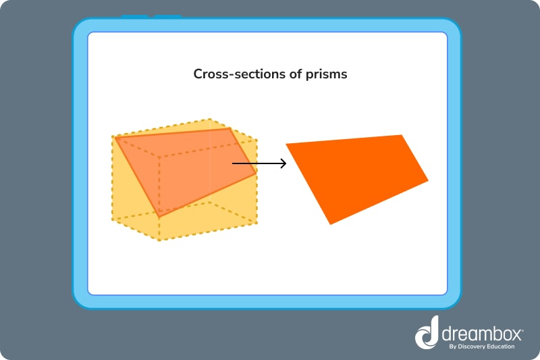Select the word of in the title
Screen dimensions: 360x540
(x=296, y=74)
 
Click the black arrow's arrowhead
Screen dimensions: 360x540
(x=283, y=163)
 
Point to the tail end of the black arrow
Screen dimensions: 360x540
(x=234, y=163)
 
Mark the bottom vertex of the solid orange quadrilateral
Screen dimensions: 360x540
(x=329, y=224)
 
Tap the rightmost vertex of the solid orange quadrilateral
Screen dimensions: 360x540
(x=428, y=180)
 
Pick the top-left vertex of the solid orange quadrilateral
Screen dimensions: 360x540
(x=286, y=144)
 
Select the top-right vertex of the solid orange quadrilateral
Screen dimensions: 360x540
(x=402, y=135)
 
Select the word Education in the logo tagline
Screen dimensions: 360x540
(x=501, y=346)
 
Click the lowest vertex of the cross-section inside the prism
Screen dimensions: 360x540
(x=159, y=216)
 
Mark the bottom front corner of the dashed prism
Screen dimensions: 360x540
(x=159, y=240)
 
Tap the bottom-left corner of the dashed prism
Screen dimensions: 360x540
(x=113, y=219)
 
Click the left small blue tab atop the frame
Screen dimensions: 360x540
(x=134, y=16)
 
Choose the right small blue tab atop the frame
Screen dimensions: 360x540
(x=167, y=16)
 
